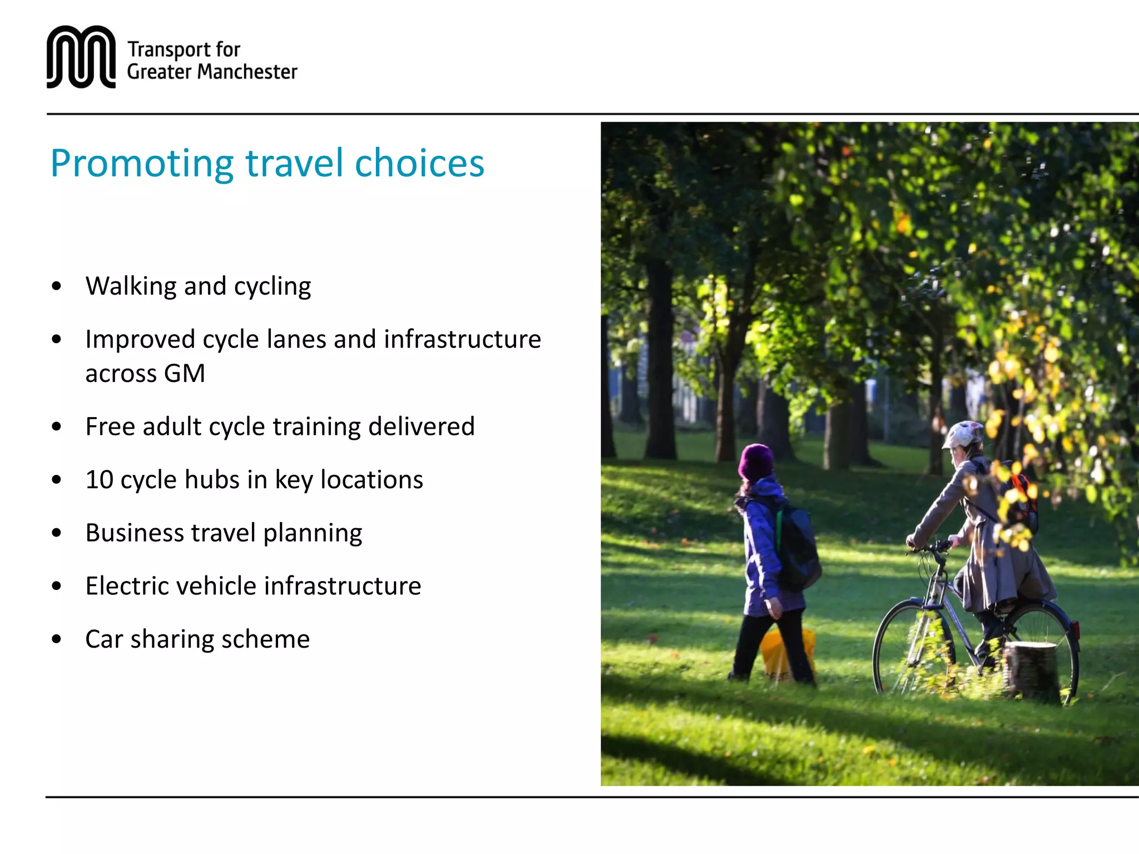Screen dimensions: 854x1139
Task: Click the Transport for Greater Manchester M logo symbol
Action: point(81,57)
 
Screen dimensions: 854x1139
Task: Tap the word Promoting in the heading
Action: point(142,164)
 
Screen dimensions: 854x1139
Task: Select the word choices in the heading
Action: point(419,164)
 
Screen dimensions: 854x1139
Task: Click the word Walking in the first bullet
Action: point(131,286)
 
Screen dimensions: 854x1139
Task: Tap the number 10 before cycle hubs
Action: point(99,480)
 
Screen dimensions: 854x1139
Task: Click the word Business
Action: point(134,533)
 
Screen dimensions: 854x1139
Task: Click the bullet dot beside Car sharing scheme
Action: point(56,639)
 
